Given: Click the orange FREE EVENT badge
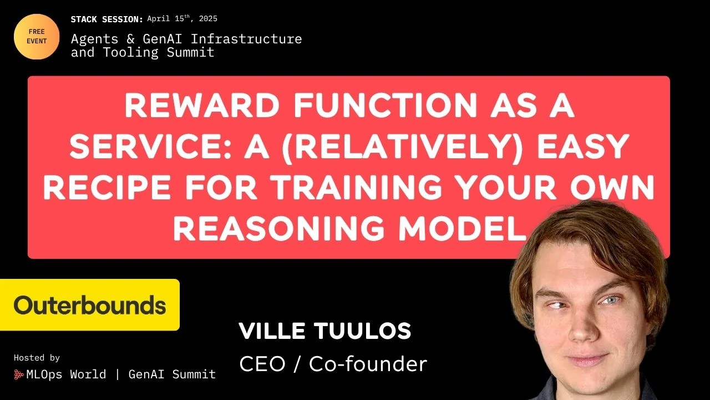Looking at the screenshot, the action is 37,37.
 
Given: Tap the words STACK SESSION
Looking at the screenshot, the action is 107,19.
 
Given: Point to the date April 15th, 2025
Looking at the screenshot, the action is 182,18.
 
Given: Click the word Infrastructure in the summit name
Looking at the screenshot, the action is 246,39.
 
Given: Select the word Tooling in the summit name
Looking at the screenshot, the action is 131,53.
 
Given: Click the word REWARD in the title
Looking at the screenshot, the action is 202,106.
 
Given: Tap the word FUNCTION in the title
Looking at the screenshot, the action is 385,106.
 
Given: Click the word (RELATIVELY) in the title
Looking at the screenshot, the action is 402,147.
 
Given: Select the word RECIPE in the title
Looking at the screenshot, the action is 107,187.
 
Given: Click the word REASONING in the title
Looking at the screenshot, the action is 279,228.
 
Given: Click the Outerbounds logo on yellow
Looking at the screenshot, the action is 90,305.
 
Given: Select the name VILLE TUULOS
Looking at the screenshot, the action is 325,331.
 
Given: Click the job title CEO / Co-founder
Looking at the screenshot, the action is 333,364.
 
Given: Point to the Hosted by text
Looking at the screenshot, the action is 37,358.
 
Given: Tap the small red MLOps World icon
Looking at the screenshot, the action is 19,374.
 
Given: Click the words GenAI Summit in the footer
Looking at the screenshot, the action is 172,374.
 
